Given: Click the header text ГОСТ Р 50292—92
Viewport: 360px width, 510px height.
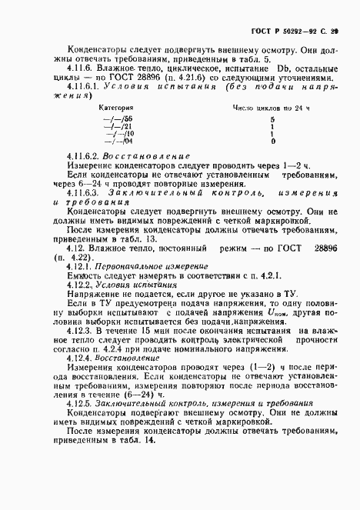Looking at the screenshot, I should (x=285, y=30).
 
